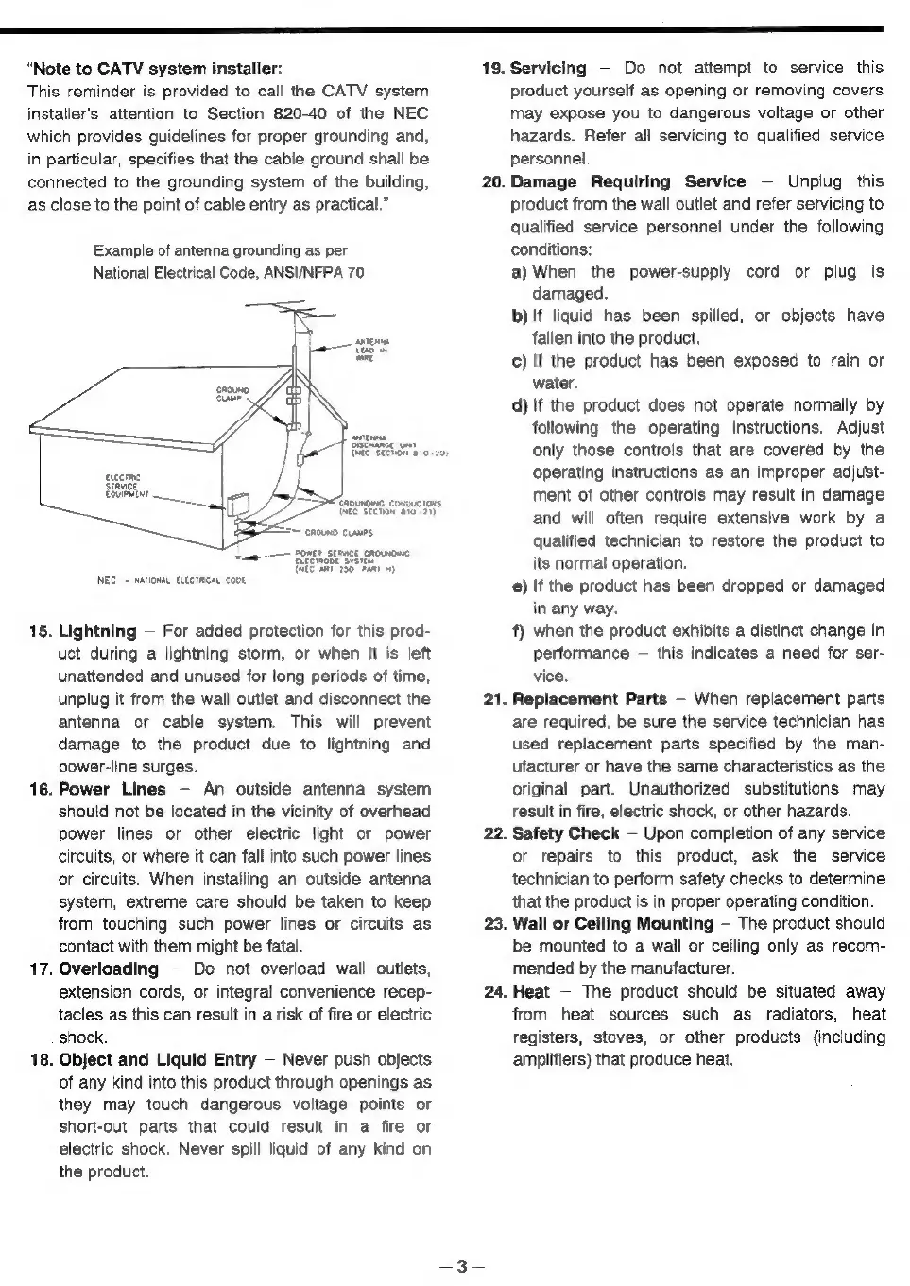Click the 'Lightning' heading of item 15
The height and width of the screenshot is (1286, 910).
pos(97,631)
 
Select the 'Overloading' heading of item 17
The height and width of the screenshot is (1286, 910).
pos(109,969)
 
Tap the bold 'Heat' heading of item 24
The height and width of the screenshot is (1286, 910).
pos(531,992)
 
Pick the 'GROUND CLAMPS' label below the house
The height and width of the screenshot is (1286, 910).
pos(331,532)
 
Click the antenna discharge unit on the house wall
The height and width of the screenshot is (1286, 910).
pos(301,458)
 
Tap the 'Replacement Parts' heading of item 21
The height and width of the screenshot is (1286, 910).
pos(589,699)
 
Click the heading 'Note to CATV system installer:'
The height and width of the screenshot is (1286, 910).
pos(157,68)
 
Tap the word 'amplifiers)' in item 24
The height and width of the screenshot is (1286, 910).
pos(553,1060)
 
